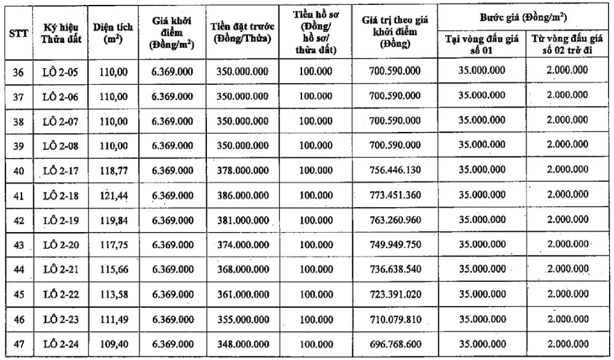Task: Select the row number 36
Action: coord(18,72)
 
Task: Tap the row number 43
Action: coord(18,245)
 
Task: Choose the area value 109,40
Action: coord(114,344)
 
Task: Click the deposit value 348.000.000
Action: coord(242,344)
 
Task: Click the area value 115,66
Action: coord(114,270)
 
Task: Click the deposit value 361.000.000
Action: coord(242,294)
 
